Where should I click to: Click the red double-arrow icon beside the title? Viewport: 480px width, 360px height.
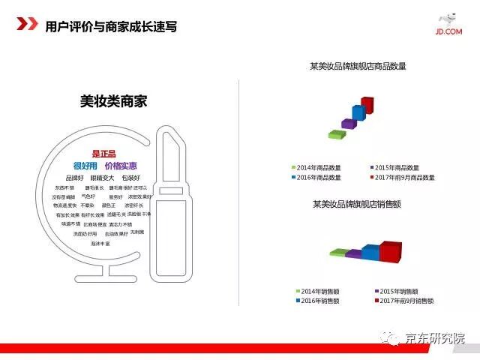pos(28,25)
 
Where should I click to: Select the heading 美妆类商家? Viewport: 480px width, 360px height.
pos(113,100)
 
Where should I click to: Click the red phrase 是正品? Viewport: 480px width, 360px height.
pos(103,154)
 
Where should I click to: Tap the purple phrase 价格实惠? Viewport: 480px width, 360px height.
pos(121,166)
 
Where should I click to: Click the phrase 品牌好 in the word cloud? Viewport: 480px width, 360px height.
pos(74,178)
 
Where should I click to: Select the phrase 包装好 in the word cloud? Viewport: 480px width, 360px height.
pos(130,178)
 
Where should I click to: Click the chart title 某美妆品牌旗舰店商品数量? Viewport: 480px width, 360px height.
pos(358,66)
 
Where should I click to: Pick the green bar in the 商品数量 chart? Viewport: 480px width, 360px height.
pos(336,133)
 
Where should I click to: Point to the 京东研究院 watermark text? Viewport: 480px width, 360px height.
pos(434,337)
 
